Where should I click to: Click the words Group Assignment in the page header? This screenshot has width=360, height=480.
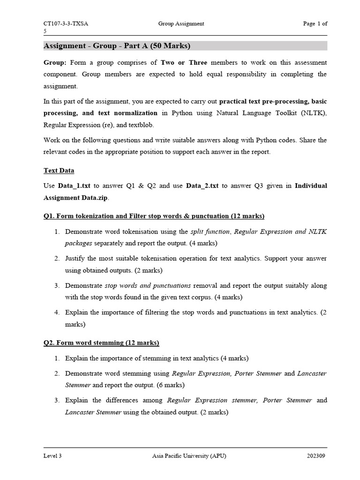click(x=181, y=24)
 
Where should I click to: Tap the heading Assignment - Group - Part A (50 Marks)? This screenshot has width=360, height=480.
click(x=117, y=46)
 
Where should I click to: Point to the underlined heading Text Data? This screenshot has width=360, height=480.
click(x=59, y=171)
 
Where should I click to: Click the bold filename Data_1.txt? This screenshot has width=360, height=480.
click(x=74, y=186)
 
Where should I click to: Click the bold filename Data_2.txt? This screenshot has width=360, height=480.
click(x=202, y=186)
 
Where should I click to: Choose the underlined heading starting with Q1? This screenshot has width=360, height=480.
click(x=154, y=216)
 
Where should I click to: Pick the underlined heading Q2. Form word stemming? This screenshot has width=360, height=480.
click(x=101, y=343)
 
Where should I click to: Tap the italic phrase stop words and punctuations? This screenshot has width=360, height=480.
click(x=148, y=285)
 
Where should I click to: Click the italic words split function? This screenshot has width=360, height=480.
click(x=210, y=232)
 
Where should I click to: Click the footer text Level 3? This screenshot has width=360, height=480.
click(x=52, y=456)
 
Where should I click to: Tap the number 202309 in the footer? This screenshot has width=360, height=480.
click(x=317, y=456)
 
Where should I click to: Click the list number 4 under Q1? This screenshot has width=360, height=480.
click(x=56, y=313)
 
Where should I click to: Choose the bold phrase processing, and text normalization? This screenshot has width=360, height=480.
click(x=100, y=113)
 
